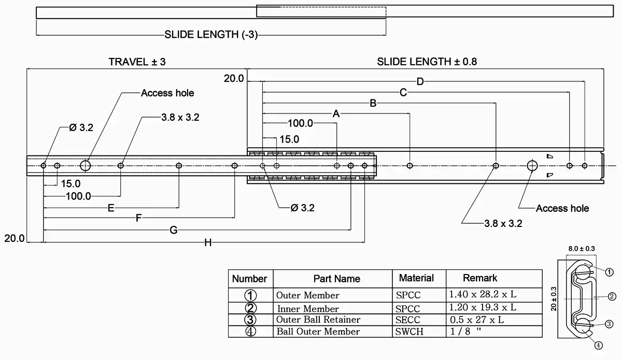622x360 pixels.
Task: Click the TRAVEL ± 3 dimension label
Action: point(137,62)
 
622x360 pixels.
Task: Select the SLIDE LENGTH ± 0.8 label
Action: point(427,62)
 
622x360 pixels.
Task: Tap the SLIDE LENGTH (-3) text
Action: point(211,35)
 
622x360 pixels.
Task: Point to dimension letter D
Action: point(420,81)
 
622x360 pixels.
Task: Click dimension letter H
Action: point(207,242)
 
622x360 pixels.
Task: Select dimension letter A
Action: point(336,113)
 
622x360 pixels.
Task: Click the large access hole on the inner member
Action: point(86,166)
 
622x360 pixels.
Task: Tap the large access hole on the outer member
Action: point(532,166)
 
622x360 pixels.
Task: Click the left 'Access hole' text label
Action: point(167,93)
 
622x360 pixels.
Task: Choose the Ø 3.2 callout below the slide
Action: point(303,208)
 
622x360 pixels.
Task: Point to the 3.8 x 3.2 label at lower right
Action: point(503,224)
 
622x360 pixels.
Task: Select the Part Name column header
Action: point(336,279)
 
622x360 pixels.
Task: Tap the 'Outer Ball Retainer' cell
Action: point(318,320)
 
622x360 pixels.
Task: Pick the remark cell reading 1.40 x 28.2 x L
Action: point(483,295)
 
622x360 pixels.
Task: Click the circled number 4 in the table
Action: point(251,332)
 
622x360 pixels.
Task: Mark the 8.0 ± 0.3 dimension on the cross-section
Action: point(581,249)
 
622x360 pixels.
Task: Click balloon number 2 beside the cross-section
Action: point(612,296)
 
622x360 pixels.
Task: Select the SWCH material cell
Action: point(409,332)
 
